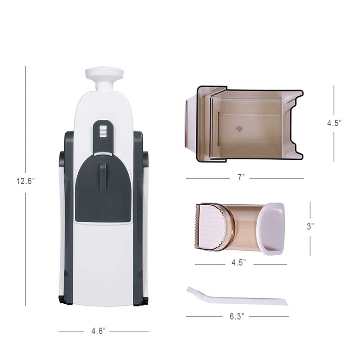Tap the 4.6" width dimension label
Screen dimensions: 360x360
coord(98,332)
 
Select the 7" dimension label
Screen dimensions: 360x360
coord(241,178)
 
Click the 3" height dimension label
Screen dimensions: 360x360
coord(310,227)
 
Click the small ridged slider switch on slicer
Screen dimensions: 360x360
coord(102,131)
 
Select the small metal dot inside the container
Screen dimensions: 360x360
coord(238,129)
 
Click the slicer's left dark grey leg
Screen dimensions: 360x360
coord(66,216)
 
